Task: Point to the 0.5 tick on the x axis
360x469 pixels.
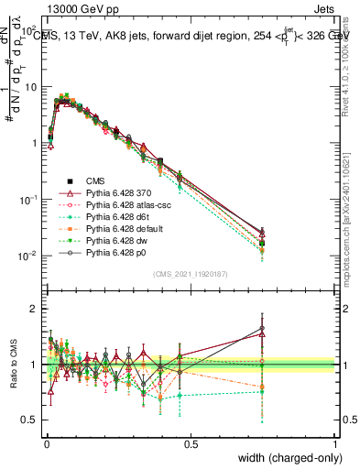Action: point(191,444)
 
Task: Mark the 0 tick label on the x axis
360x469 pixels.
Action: point(46,444)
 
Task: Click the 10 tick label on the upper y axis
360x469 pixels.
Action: point(31,87)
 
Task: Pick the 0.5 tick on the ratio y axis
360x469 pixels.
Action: point(29,420)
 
